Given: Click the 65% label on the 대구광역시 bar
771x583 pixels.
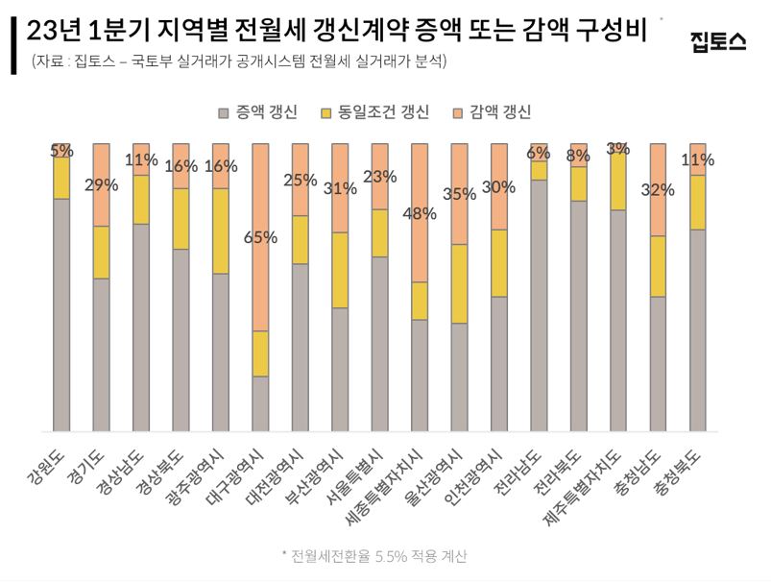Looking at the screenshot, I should coord(260,237).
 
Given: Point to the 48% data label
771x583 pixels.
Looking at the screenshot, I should coord(420,213).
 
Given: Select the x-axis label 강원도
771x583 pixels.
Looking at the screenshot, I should coord(44,466).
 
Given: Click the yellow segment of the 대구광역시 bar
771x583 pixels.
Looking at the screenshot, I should coord(260,353).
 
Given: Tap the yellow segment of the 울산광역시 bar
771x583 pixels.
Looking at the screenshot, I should coord(459,283).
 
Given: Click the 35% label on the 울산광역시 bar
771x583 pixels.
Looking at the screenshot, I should coord(460,194).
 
